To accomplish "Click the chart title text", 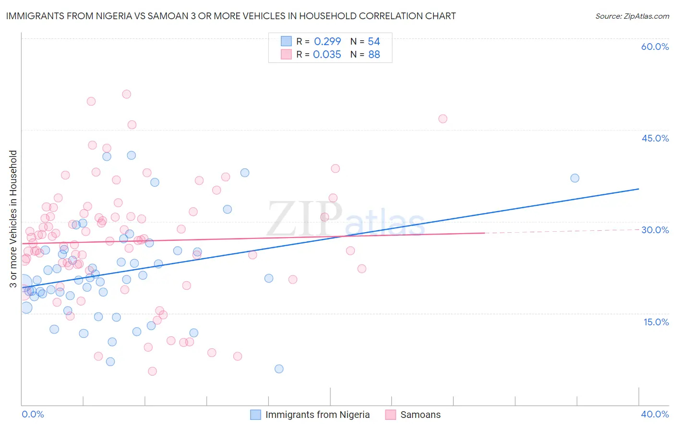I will (x=231, y=16).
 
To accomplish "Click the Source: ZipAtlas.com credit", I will (x=632, y=16).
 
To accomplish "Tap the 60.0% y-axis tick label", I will (x=655, y=47).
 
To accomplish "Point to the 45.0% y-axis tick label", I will (x=655, y=138).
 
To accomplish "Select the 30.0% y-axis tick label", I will (x=655, y=230).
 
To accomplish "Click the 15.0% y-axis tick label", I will (x=656, y=322).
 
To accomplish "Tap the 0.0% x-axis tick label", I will (x=33, y=414).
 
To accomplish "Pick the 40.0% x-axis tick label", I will (x=655, y=414).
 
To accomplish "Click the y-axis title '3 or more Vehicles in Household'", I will (x=13, y=219).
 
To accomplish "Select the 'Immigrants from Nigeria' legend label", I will (x=317, y=415).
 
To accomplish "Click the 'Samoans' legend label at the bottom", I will (x=420, y=415).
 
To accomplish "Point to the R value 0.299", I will (x=327, y=42).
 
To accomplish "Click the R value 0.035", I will (x=327, y=55).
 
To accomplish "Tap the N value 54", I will (x=374, y=42).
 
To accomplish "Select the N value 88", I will (x=374, y=55).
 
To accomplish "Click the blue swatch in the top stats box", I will (x=286, y=41).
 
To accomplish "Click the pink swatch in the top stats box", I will (x=286, y=54).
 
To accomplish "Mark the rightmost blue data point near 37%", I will (x=575, y=178).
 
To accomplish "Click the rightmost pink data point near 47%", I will (x=443, y=119).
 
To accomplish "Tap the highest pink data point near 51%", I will (x=126, y=94).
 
